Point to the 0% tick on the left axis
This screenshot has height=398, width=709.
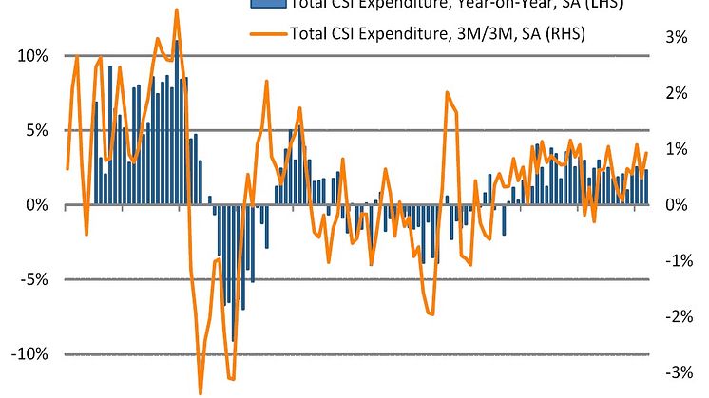(x=38, y=205)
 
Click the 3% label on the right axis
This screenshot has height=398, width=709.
(x=676, y=37)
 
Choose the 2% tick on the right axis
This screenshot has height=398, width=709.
(x=676, y=93)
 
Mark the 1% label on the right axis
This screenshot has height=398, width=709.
(x=676, y=149)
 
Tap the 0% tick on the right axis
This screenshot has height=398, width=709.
(x=676, y=205)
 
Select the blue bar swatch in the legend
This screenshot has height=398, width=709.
(x=268, y=4)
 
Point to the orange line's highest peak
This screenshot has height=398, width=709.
(x=177, y=9)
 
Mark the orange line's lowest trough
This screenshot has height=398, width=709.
(x=201, y=392)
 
